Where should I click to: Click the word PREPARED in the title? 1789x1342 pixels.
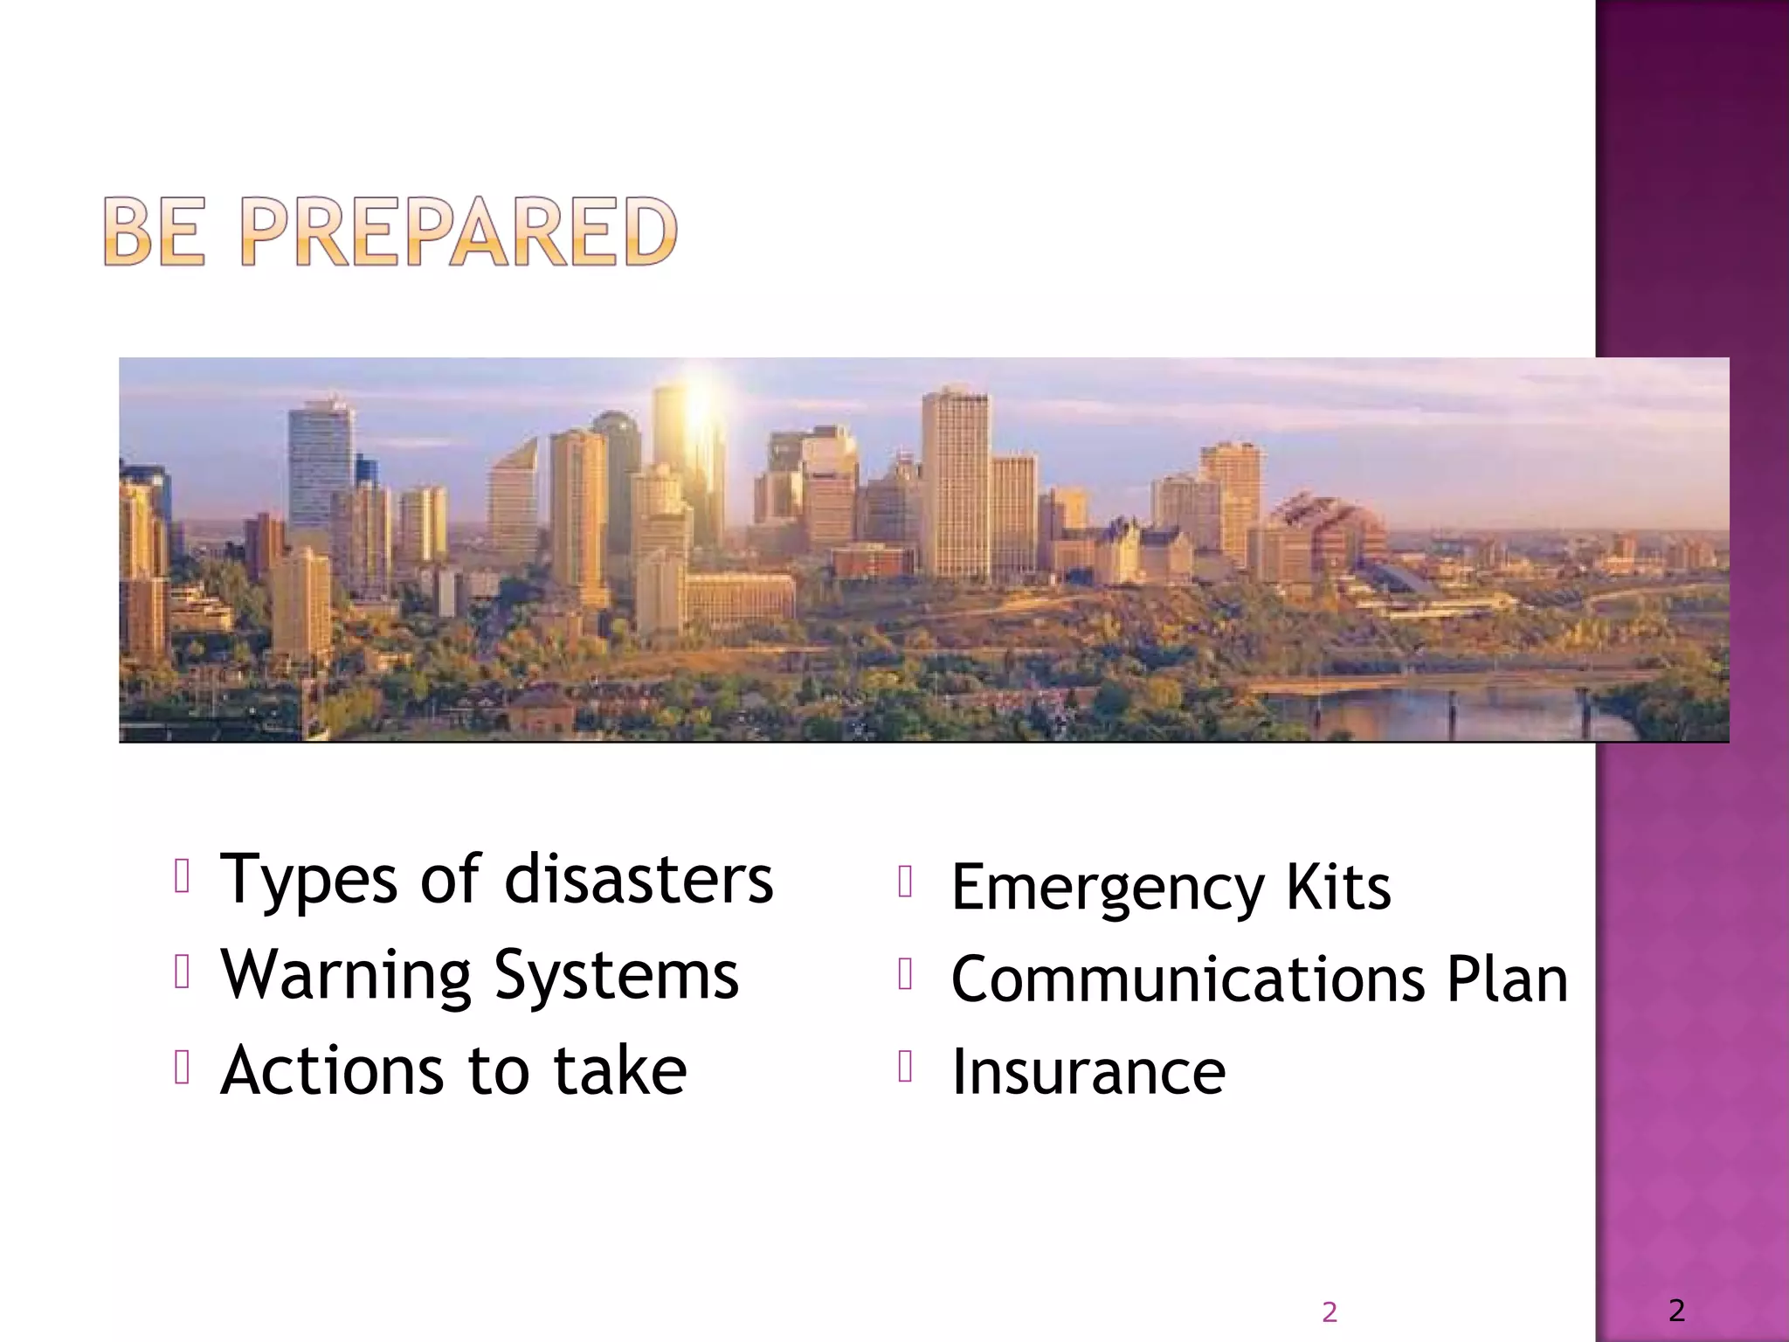click(x=459, y=232)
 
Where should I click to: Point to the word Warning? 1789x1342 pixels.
click(x=346, y=975)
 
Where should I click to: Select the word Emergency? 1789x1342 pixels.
click(x=1107, y=889)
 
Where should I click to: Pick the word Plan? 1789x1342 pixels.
click(x=1507, y=979)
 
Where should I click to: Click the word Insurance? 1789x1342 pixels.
click(x=1088, y=1071)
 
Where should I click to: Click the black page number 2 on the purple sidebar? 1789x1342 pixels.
click(x=1676, y=1310)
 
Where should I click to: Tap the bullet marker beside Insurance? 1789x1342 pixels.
click(x=905, y=1066)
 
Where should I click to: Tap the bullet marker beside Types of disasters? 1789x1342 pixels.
click(x=182, y=875)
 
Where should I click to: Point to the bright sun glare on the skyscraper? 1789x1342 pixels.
click(x=697, y=411)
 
